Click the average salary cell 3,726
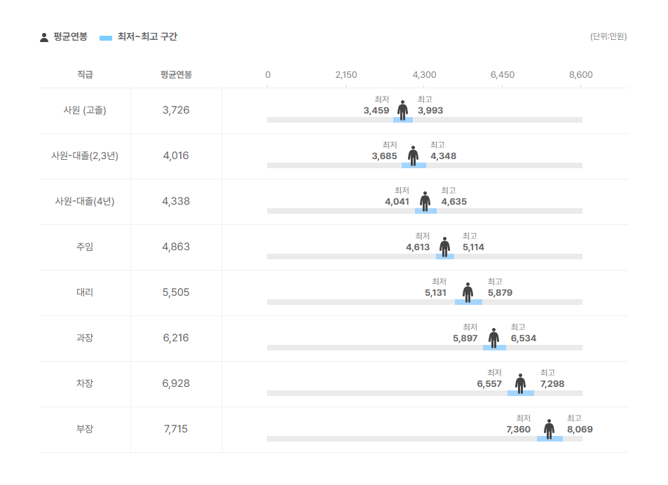[x=175, y=110]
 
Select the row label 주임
[x=84, y=247]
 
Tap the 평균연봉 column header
[x=175, y=75]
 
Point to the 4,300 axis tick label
[x=424, y=75]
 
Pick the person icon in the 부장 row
[x=549, y=429]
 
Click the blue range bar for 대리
[x=468, y=302]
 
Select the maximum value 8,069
[x=580, y=429]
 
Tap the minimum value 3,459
[x=376, y=111]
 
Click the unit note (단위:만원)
[x=608, y=36]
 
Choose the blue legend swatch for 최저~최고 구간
[x=106, y=37]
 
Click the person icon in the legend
[x=44, y=37]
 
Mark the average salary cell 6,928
[x=175, y=383]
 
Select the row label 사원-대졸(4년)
[x=84, y=201]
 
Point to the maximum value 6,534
[x=524, y=338]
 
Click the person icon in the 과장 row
[x=494, y=338]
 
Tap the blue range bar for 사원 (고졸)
[x=403, y=120]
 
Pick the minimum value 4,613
[x=418, y=247]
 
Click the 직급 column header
[x=84, y=75]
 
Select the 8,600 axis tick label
[x=580, y=75]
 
